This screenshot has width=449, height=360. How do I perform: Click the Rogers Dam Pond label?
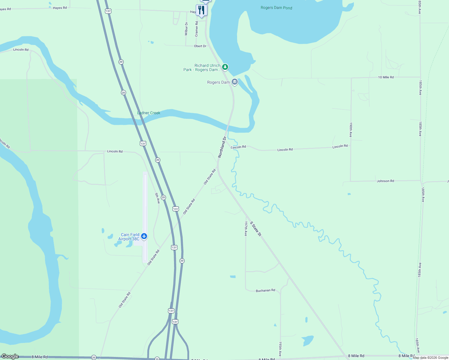click(x=276, y=8)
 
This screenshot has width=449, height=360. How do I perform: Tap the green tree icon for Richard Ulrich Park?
click(x=225, y=67)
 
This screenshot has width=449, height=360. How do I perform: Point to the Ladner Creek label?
click(x=149, y=113)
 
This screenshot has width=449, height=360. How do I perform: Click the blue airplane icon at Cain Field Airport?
click(x=144, y=236)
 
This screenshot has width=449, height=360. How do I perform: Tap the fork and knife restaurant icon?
click(x=201, y=10)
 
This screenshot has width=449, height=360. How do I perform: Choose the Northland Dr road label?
click(x=222, y=147)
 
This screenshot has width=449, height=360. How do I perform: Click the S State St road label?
click(x=256, y=229)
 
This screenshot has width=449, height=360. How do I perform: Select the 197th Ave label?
click(x=246, y=229)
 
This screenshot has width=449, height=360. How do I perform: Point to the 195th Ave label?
click(x=280, y=349)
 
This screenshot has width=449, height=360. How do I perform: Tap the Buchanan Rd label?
click(x=265, y=290)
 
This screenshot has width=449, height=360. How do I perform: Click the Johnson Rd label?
click(x=385, y=181)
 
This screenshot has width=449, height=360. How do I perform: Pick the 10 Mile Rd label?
click(x=386, y=77)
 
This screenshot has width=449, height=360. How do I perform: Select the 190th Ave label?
click(x=351, y=130)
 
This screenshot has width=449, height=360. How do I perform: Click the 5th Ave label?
click(x=158, y=198)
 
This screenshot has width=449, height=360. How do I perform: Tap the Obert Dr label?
click(x=200, y=46)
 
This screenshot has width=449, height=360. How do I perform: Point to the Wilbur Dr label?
click(x=186, y=29)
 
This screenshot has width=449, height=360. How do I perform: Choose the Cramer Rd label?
click(x=197, y=29)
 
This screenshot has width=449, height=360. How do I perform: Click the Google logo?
click(x=10, y=356)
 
